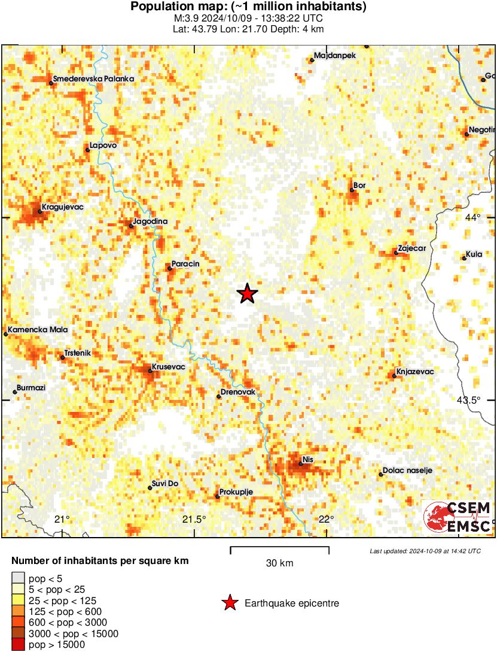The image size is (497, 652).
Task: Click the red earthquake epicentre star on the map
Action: [247, 293]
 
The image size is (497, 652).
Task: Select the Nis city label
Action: [309, 459]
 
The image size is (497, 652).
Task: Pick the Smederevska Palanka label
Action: [94, 78]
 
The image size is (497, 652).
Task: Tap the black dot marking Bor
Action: [352, 190]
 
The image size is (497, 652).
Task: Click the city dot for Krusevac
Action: [150, 371]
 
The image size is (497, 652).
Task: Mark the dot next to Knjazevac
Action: [394, 376]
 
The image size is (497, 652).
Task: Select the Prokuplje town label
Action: [237, 492]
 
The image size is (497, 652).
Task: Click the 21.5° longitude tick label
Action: [195, 519]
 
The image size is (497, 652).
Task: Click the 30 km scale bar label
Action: [279, 563]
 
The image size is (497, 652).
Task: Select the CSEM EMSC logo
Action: [458, 517]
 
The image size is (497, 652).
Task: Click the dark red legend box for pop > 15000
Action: [19, 644]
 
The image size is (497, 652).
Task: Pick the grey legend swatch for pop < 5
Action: [19, 578]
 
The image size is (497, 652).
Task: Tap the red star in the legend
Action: [230, 603]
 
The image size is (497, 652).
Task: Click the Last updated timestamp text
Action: [425, 551]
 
